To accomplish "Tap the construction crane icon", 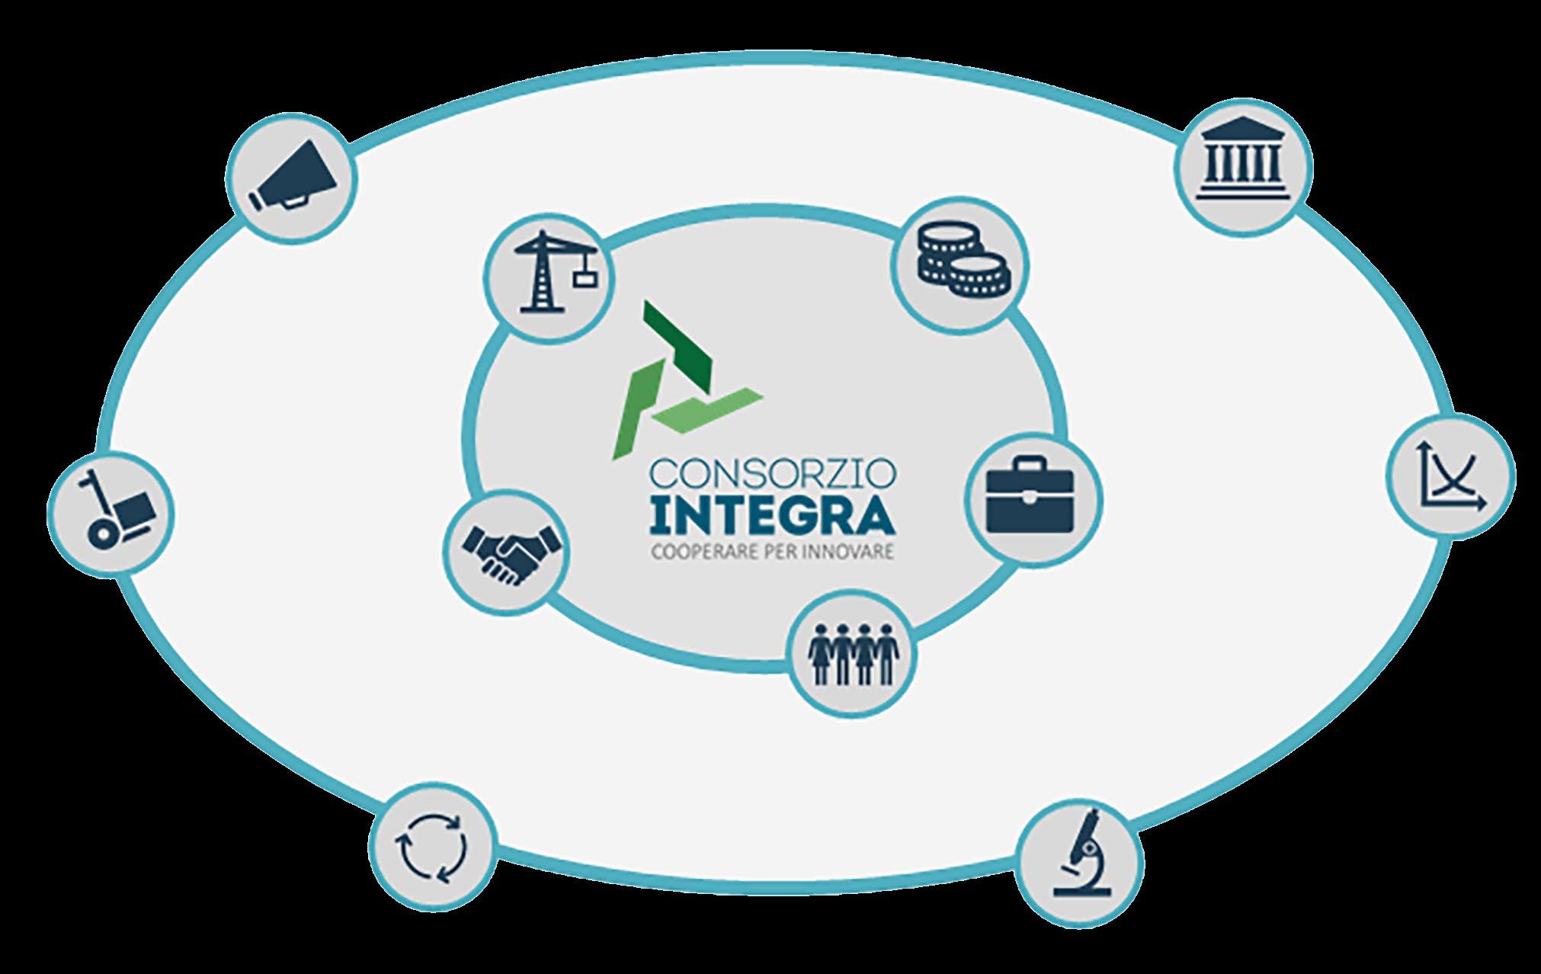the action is point(551,274).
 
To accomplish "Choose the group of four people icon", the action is point(852,654).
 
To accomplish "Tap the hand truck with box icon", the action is point(111,514).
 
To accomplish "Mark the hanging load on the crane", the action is point(585,279).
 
